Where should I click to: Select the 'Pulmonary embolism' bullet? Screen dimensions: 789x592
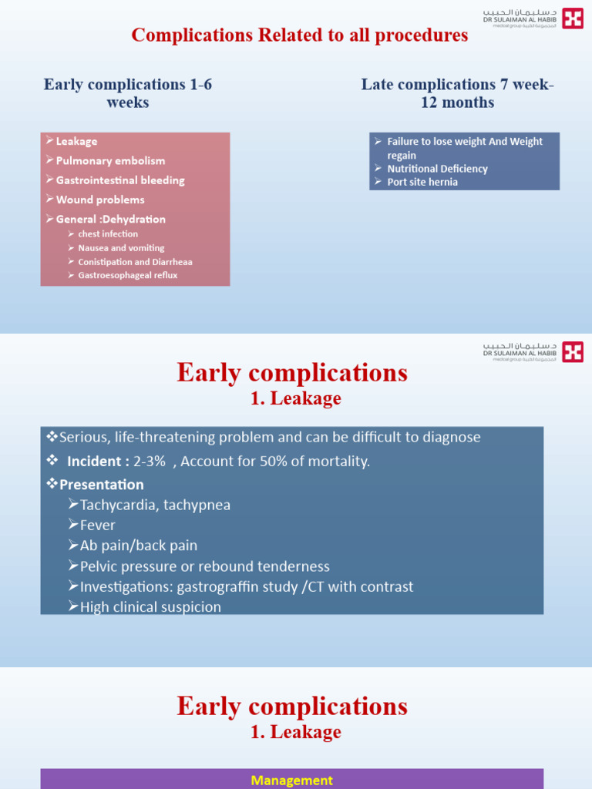[x=110, y=161]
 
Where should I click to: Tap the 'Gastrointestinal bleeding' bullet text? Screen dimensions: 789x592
[x=120, y=180]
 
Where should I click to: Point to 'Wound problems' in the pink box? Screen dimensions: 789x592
[x=100, y=200]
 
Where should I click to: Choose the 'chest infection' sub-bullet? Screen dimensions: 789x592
[x=108, y=234]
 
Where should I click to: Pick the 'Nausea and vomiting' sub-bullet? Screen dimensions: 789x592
[x=121, y=248]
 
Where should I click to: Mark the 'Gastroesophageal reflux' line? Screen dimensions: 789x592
[x=128, y=275]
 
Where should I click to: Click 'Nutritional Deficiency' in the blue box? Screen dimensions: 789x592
[x=437, y=169]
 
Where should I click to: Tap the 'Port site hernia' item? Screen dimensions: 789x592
[x=422, y=182]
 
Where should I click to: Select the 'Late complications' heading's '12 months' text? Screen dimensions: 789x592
[x=458, y=102]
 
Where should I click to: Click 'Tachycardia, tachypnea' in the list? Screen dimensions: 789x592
[x=155, y=505]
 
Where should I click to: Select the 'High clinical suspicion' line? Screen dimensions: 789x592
[x=150, y=607]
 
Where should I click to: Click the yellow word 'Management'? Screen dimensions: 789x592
[x=292, y=781]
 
